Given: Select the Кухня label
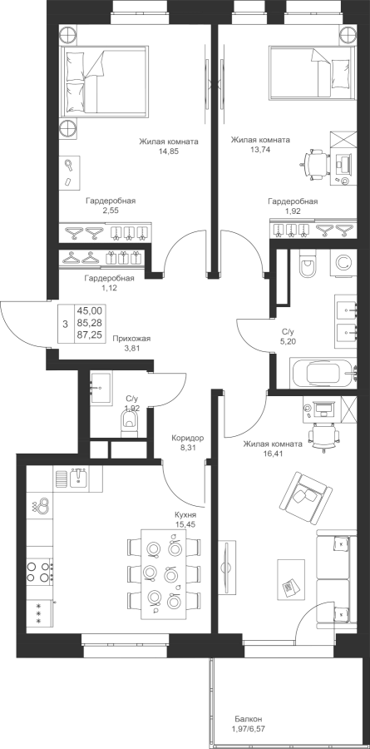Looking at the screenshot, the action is click(185, 516).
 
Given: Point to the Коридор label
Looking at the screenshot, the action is click(188, 438).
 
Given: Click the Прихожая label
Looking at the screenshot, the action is click(131, 339).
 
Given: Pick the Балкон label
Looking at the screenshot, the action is click(248, 718).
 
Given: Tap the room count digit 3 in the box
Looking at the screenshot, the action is click(65, 324).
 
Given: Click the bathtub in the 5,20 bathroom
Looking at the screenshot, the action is click(323, 373).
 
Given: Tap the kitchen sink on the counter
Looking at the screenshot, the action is click(78, 479).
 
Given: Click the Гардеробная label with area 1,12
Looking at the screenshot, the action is click(109, 278).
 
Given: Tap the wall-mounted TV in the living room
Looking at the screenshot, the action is click(228, 567).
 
